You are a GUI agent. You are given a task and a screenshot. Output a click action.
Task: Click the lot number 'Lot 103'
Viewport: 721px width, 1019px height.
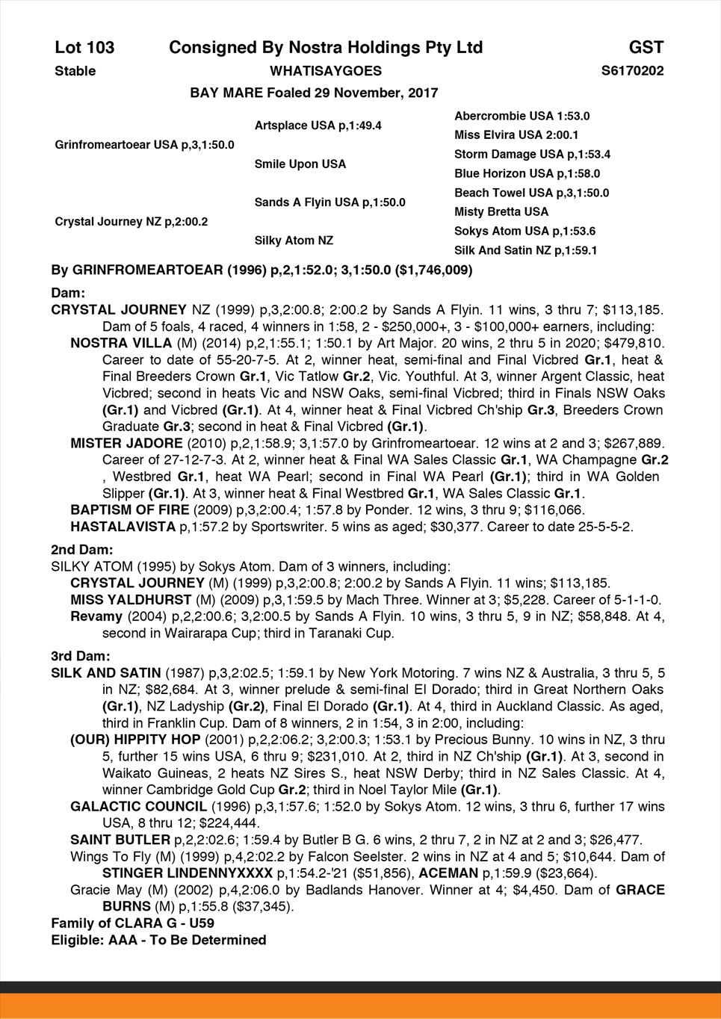click(x=84, y=48)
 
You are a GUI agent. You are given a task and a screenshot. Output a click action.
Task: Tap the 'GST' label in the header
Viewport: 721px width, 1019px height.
click(x=646, y=48)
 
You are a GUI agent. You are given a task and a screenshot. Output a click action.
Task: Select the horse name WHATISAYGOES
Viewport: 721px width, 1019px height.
click(x=325, y=71)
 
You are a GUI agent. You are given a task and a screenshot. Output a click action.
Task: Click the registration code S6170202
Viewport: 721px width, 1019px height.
click(x=632, y=71)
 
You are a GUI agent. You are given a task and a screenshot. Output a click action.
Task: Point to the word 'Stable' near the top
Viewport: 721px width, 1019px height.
click(x=75, y=71)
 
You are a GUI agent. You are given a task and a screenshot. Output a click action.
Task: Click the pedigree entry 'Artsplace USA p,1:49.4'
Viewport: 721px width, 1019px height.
click(x=318, y=126)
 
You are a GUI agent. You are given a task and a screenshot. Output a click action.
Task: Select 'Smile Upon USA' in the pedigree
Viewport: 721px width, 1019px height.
click(x=300, y=164)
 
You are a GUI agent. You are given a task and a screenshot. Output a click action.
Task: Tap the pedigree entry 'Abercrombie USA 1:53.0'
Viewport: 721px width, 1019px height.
click(x=522, y=116)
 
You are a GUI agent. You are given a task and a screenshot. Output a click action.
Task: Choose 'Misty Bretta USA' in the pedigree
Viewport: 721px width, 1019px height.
click(x=501, y=211)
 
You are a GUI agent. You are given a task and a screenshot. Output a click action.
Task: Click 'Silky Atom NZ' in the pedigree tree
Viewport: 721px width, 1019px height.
click(x=294, y=241)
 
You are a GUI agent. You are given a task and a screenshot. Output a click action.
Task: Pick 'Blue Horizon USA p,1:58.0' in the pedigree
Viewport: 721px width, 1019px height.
click(x=527, y=173)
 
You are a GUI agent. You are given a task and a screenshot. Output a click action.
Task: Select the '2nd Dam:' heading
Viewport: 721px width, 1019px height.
click(x=82, y=550)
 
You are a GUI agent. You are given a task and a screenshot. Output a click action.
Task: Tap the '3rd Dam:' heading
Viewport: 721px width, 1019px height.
click(x=81, y=656)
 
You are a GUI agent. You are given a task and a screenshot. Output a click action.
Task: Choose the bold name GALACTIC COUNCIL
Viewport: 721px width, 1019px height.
click(x=138, y=807)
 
